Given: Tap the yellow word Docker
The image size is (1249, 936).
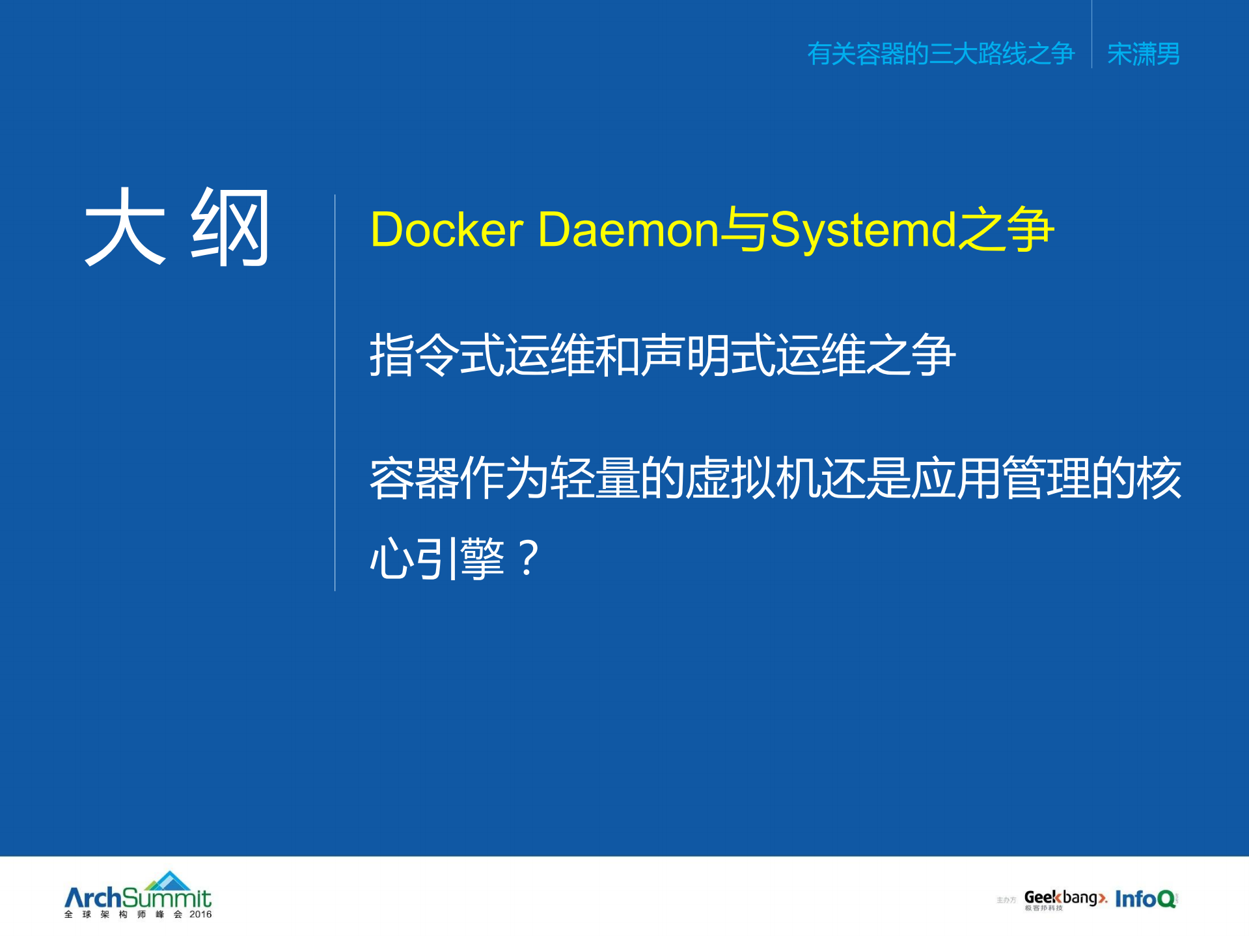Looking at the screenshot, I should (446, 230).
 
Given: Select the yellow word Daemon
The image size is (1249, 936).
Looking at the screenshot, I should (628, 230).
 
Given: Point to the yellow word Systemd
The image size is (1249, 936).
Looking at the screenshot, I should (862, 230).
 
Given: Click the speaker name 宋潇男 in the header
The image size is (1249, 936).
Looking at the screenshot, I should (1144, 54).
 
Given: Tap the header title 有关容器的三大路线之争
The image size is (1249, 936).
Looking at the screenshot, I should (940, 54).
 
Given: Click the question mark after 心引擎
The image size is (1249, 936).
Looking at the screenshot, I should (528, 558).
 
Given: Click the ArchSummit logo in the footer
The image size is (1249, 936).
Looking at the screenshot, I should (138, 898).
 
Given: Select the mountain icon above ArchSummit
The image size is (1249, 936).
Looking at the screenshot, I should (169, 880).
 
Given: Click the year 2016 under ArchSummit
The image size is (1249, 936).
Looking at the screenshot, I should (200, 915).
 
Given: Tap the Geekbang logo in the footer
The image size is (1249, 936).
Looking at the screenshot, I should (1064, 898).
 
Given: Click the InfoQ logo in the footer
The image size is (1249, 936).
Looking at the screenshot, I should (1146, 899).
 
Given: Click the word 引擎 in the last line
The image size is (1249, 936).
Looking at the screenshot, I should (460, 558).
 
